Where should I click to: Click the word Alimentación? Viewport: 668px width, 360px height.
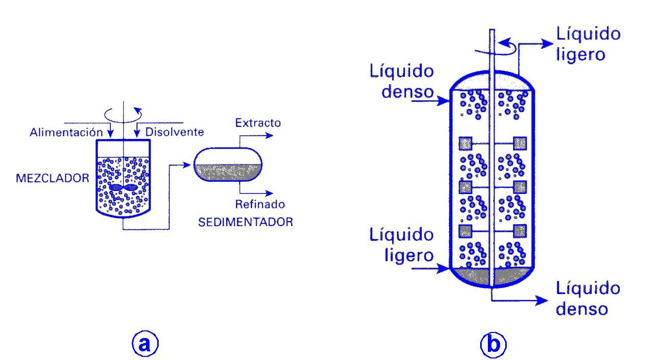pos(63,132)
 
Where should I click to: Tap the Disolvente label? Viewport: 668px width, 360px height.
pos(175,132)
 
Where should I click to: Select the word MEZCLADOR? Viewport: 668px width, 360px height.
pos(53,178)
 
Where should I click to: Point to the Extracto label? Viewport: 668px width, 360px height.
pos(258,123)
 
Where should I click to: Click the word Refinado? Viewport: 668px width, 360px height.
pos(260,205)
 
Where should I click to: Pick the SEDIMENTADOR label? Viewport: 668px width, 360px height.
pos(245,222)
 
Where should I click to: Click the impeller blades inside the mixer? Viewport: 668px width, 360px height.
pos(123,187)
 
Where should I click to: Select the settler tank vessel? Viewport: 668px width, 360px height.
pos(228,164)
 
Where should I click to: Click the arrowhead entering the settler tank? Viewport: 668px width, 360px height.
pos(190,165)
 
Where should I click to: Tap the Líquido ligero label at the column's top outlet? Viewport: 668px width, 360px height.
pos(588,44)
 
